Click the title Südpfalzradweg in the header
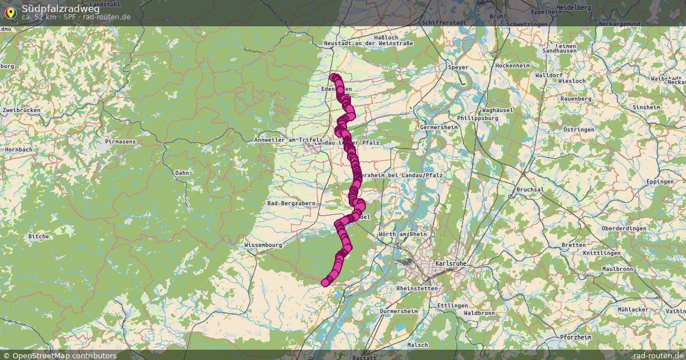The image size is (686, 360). point(60,8)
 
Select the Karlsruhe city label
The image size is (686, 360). point(450,263)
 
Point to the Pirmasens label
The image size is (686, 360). point(119,141)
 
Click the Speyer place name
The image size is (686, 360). point(458,67)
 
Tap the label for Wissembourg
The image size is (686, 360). point(263,245)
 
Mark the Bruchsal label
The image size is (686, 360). point(529,189)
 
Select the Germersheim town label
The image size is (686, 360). point(439,127)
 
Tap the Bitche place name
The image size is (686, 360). point(39,236)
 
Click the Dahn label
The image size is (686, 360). point(182,173)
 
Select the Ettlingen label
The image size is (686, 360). point(452,306)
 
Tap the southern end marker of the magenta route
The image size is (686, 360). point(325,282)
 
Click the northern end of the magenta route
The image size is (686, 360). point(334,77)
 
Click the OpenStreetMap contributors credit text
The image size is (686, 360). point(64,355)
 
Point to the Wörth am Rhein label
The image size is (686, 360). point(403,234)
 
